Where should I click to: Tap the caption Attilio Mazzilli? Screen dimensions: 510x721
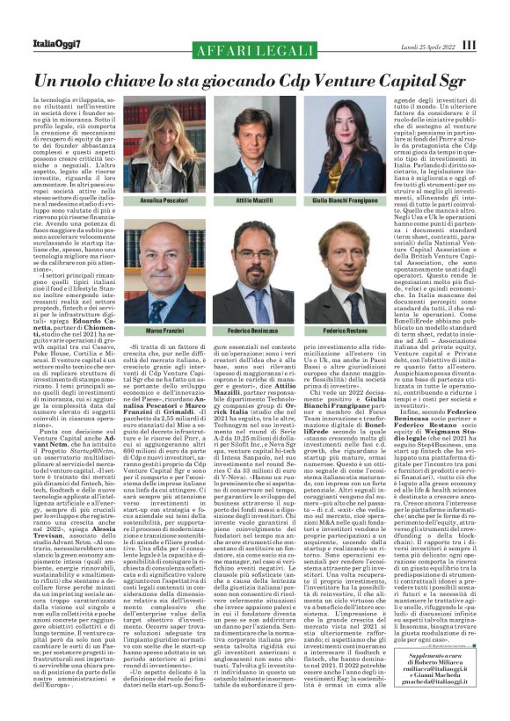(253, 201)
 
